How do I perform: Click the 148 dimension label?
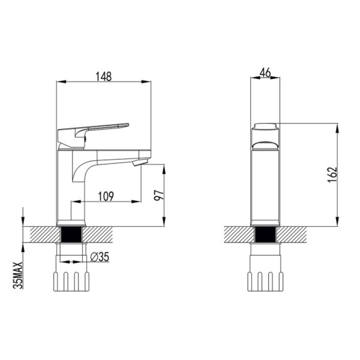click(104, 76)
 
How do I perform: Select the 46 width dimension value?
click(265, 73)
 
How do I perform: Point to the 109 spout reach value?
click(106, 196)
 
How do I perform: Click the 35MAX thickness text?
click(18, 275)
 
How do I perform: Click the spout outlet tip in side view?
click(140, 163)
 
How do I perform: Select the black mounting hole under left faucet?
click(71, 235)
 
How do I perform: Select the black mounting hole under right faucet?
click(265, 235)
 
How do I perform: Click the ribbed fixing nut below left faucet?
click(71, 281)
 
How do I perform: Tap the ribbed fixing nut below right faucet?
click(265, 281)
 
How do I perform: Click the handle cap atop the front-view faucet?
click(265, 126)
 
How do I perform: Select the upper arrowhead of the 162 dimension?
click(337, 127)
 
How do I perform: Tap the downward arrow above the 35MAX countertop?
click(23, 220)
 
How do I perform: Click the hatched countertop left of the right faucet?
click(238, 235)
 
